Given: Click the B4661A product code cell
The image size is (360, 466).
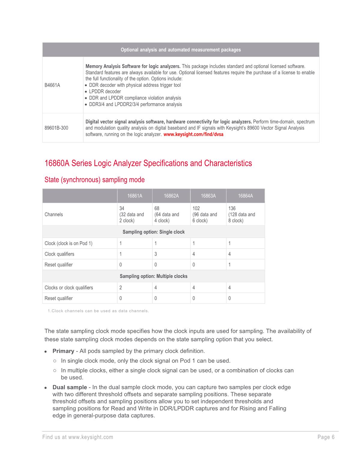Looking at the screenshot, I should [52, 85].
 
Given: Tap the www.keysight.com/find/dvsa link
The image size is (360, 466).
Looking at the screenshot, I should [193, 135].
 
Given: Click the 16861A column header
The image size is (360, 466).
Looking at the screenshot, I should [135, 196].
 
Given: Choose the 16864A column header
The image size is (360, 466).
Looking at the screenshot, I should [245, 196].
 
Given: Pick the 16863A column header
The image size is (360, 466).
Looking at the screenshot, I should [208, 196].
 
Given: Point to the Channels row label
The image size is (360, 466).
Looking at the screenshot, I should [54, 215].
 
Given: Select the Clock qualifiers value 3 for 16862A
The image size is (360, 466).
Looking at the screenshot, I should [156, 254].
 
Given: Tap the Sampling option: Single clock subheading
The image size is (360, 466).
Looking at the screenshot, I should [153, 232].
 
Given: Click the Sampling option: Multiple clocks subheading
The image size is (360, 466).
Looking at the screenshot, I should [153, 276].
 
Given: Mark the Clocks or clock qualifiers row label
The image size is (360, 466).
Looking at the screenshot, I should [69, 288].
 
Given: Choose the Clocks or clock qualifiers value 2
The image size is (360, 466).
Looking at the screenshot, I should [121, 288].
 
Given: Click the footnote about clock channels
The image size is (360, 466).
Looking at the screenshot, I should [98, 311].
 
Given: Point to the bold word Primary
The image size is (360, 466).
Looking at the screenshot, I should [63, 351].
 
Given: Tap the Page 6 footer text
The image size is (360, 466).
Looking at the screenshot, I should [326, 437].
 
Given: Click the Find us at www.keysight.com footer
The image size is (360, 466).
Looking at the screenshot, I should [78, 437].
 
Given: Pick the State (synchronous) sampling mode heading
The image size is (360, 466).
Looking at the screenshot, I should [95, 180].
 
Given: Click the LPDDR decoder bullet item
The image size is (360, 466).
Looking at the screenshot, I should [105, 92].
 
